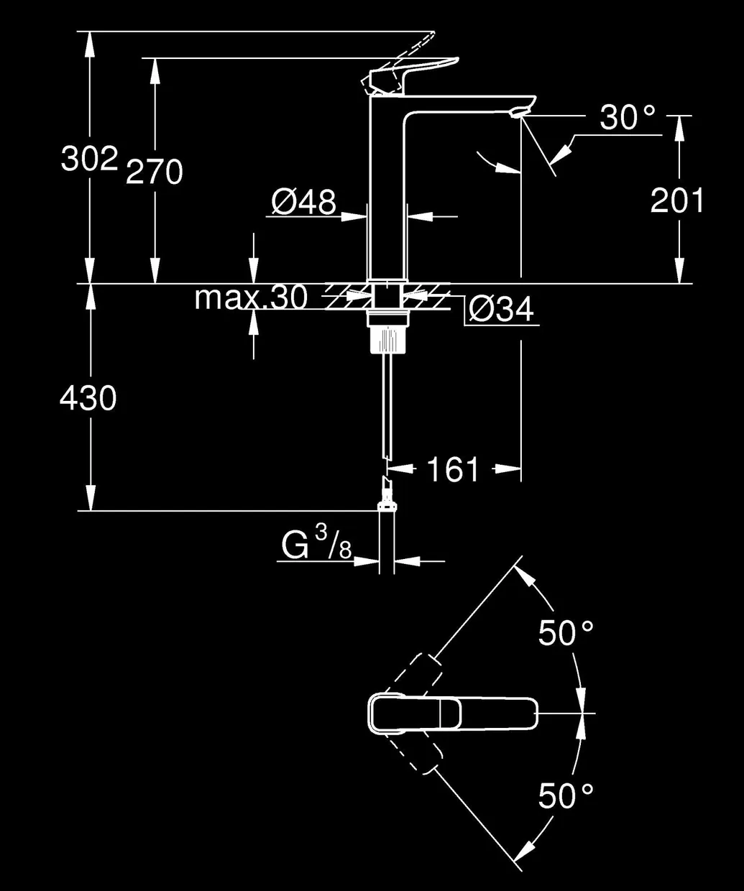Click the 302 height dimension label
click(x=89, y=159)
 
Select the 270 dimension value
click(x=154, y=172)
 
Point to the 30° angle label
click(x=627, y=117)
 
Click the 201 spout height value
click(x=677, y=200)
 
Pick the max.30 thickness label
click(x=251, y=297)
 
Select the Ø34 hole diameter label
click(x=501, y=309)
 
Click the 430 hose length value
click(x=88, y=398)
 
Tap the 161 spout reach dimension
click(x=452, y=469)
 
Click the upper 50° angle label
click(x=566, y=632)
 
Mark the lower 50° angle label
click(x=566, y=795)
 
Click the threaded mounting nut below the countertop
click(x=387, y=338)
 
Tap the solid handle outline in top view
click(x=452, y=719)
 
